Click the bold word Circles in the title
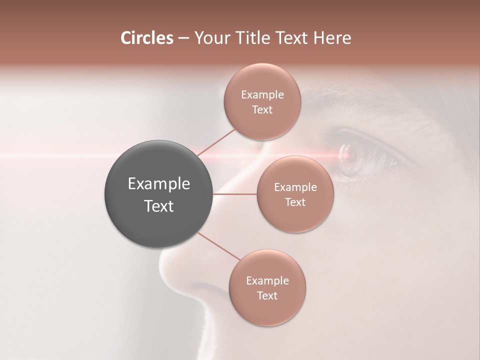(x=146, y=38)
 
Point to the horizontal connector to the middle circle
(x=234, y=194)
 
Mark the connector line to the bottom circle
(x=218, y=246)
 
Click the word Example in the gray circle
(x=158, y=184)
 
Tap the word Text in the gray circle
(x=158, y=206)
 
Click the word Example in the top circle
(x=262, y=95)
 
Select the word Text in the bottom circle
(x=267, y=295)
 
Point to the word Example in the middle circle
(x=295, y=187)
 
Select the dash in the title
(x=183, y=38)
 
